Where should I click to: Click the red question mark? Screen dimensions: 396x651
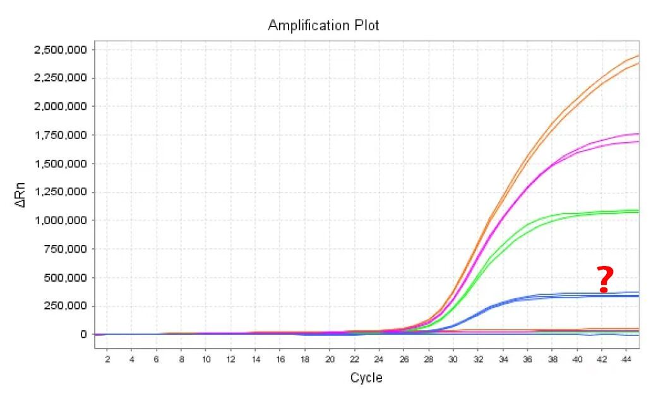(x=605, y=280)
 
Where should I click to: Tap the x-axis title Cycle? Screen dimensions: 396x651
(x=366, y=378)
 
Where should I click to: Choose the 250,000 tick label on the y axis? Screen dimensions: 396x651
(x=63, y=306)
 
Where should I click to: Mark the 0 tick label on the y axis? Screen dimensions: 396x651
(x=82, y=335)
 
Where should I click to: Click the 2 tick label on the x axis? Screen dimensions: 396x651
(x=107, y=359)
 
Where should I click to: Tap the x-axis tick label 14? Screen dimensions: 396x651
(x=255, y=359)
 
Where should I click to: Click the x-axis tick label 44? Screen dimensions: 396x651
(x=626, y=359)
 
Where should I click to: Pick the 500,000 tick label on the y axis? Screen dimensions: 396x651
(x=63, y=278)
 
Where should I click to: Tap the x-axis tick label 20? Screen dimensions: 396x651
(x=329, y=359)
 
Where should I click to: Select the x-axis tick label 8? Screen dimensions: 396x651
(x=181, y=359)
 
